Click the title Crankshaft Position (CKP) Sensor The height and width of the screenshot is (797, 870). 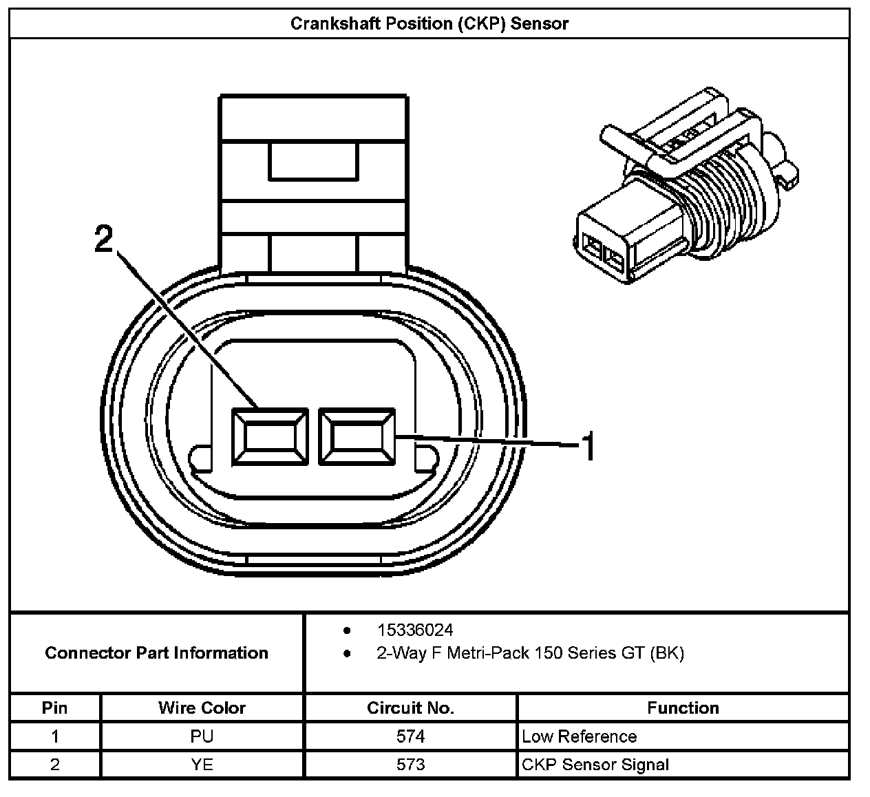point(429,24)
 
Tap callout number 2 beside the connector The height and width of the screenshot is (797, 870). point(103,240)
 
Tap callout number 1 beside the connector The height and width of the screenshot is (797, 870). point(588,447)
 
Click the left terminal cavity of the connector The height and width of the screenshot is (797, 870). point(269,438)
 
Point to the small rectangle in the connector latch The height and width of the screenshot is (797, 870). point(313,161)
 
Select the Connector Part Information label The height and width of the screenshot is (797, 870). point(156,653)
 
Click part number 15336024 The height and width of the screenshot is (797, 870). point(414,630)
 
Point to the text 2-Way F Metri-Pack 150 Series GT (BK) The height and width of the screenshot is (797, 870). point(530,653)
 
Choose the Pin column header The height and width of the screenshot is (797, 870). point(54,708)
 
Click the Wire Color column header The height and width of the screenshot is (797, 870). point(202,708)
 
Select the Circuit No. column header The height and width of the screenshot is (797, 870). point(410,708)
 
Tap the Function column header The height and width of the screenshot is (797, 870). point(683,708)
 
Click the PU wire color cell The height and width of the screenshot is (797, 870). point(202,736)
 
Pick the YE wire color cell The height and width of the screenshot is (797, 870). point(202,765)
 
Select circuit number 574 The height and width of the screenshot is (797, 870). point(410,736)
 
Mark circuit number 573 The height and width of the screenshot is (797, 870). point(410,765)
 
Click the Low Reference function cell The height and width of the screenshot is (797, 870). point(579,736)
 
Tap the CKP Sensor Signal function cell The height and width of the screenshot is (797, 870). point(595,765)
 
